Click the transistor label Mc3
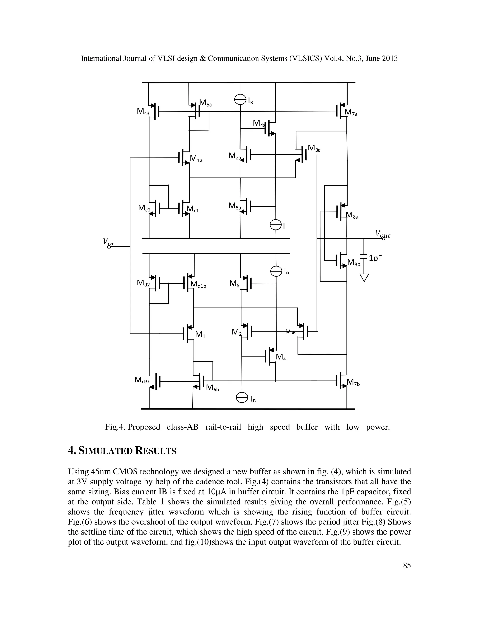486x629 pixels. coord(143,112)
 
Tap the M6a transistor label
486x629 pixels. coord(206,103)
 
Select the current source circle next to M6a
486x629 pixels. coord(240,100)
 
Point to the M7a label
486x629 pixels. coord(351,112)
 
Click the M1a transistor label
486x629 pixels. coord(196,158)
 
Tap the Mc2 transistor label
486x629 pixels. coord(144,208)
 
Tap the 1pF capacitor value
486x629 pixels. coord(375,258)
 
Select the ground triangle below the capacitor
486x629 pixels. coord(364,278)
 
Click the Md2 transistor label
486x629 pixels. coord(143,283)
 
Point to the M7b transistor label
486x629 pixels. coord(353,382)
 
